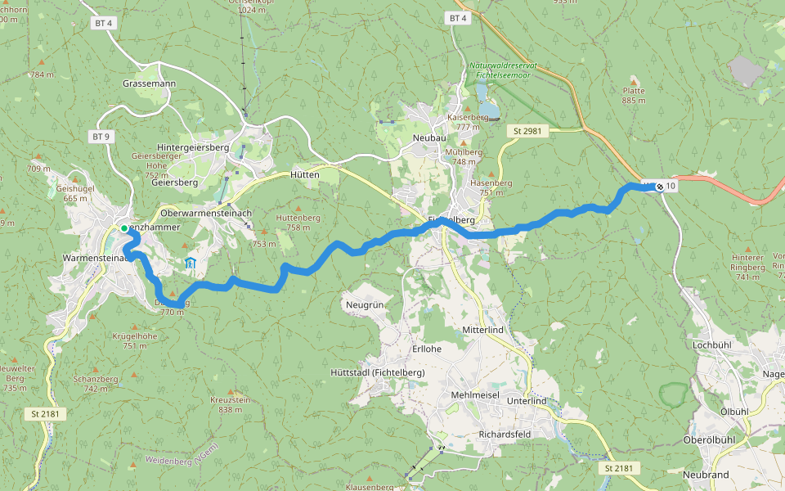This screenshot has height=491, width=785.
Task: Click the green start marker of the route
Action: [x=124, y=228]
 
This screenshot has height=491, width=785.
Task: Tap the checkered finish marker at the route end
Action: [x=660, y=187]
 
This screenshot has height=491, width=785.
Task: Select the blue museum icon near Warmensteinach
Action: [x=190, y=263]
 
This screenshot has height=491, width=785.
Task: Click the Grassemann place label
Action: [x=145, y=84]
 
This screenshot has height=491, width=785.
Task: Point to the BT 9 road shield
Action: [x=101, y=137]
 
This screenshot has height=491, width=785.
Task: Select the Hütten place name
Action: [x=305, y=175]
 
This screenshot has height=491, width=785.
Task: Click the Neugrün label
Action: [x=365, y=304]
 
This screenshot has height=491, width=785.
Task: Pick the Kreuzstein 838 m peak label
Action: [x=229, y=404]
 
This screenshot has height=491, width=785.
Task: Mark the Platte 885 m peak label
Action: [x=634, y=96]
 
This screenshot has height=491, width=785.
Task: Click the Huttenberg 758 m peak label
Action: [x=298, y=222]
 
